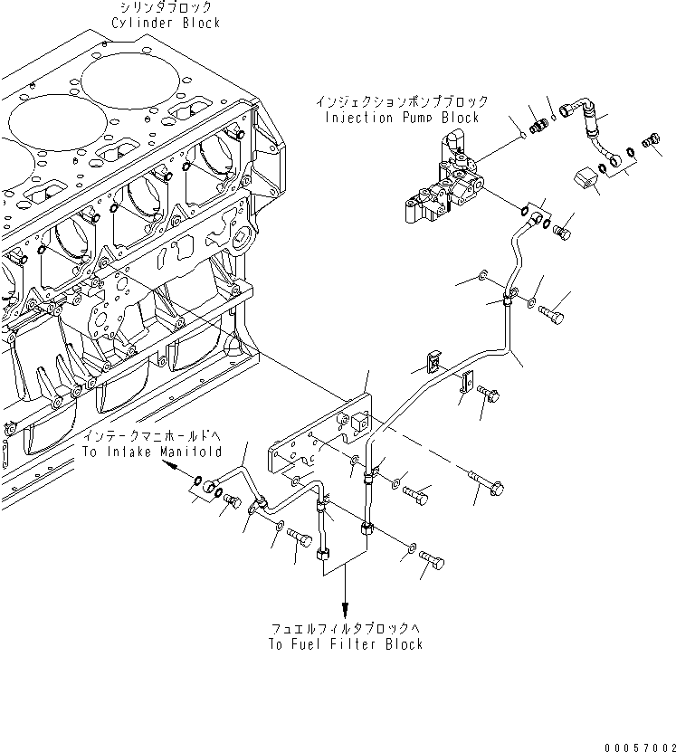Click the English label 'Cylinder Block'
click(x=166, y=23)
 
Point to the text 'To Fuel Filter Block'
click(x=346, y=644)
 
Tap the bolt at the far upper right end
click(x=650, y=142)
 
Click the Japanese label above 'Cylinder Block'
click(x=166, y=6)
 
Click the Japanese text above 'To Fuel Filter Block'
click(x=346, y=628)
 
